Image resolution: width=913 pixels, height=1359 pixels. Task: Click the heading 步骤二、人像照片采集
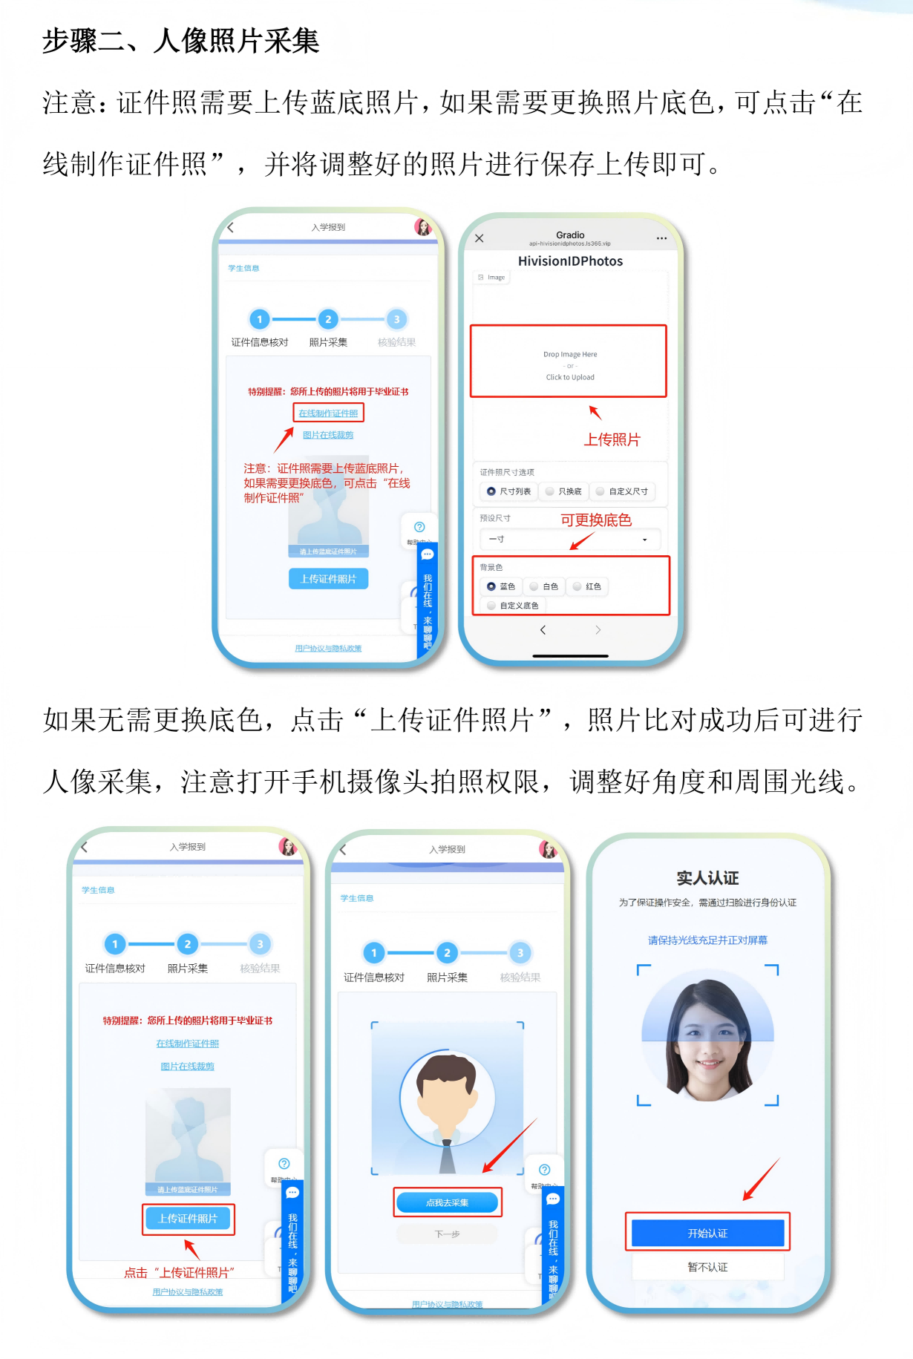180,41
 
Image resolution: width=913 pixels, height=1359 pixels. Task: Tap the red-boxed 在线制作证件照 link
328,413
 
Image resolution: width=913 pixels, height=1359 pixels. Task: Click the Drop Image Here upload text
569,355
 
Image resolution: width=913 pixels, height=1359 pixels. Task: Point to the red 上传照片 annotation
612,439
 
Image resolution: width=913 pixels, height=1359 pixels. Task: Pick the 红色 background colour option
587,586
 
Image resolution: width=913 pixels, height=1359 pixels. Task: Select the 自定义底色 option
513,606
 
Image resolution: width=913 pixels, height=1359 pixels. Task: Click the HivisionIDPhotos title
570,261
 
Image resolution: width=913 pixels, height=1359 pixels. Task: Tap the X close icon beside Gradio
480,238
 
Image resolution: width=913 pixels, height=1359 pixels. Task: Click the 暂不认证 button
707,1267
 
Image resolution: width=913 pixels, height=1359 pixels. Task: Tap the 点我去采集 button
447,1202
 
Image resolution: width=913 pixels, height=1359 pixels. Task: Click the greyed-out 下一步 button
447,1234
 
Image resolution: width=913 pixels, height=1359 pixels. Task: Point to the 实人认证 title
707,878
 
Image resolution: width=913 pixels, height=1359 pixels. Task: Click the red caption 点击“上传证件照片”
179,1272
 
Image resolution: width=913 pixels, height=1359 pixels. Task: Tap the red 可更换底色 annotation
595,520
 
